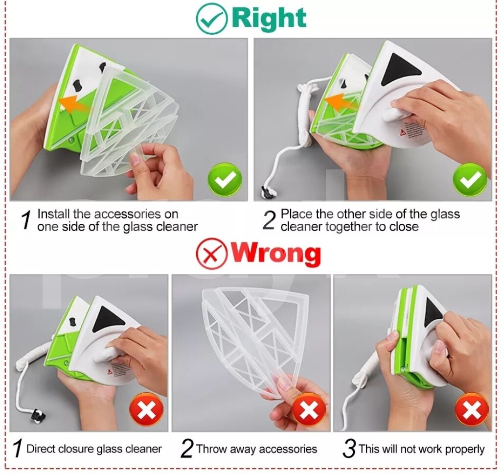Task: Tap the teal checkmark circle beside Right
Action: (x=211, y=18)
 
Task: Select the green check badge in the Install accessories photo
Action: (x=225, y=180)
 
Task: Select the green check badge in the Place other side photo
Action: (x=470, y=180)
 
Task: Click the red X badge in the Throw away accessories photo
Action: (x=308, y=410)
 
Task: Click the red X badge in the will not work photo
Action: (x=471, y=410)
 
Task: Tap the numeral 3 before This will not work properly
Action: (x=349, y=448)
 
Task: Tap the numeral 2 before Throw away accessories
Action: (x=187, y=448)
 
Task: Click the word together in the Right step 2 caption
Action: (x=349, y=227)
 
